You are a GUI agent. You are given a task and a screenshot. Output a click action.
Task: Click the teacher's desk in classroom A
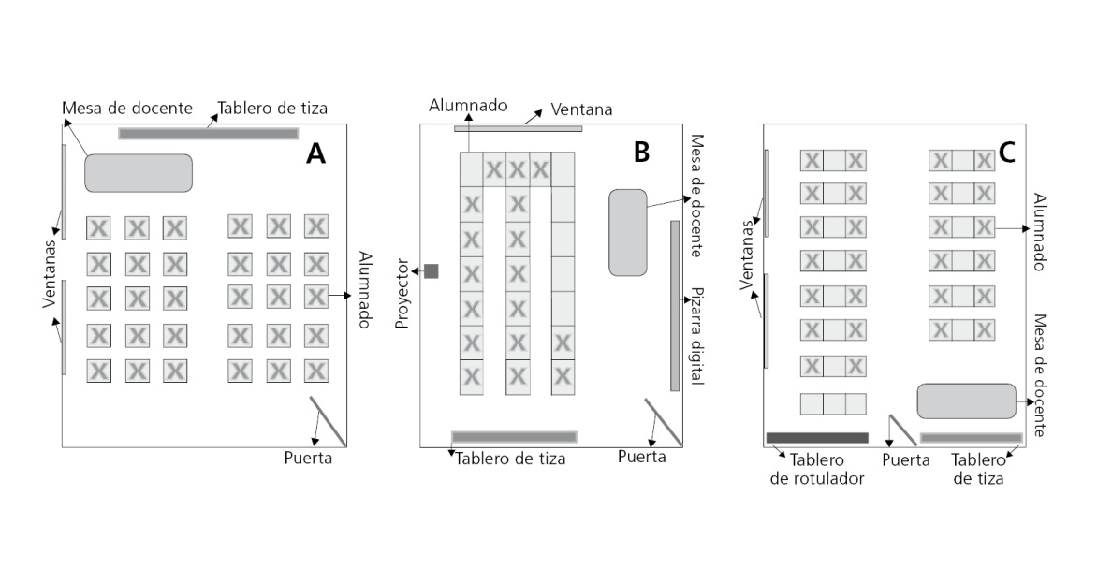tap(139, 173)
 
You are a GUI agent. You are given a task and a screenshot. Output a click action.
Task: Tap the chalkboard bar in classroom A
tap(208, 133)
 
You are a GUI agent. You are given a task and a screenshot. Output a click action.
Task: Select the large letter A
tap(315, 153)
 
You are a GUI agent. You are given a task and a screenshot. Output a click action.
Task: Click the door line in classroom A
tap(328, 422)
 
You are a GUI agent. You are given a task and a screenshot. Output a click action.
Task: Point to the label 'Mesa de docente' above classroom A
tap(127, 108)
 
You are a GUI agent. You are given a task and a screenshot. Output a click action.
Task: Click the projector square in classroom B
tap(432, 271)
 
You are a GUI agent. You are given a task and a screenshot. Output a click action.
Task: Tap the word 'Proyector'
tap(402, 294)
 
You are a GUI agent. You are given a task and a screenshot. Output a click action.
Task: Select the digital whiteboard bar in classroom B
tap(675, 306)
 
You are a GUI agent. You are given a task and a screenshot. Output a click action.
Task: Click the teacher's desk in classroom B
tap(628, 233)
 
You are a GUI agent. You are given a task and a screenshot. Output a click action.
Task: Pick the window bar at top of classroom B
tap(518, 129)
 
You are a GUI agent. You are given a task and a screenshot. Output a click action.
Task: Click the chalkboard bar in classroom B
tap(514, 437)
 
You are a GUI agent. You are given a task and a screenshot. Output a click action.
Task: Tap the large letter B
tap(641, 152)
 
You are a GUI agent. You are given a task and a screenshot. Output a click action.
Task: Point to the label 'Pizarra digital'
tap(697, 335)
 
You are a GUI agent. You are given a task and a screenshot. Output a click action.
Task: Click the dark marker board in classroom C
tap(817, 438)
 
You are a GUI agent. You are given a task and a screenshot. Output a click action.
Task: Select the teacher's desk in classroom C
tap(967, 401)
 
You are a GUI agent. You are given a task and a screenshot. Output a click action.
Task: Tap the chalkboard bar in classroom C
tap(971, 438)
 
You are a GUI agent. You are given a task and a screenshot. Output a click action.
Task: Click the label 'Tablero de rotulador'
tap(817, 470)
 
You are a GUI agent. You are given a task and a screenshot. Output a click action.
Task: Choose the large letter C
tap(1006, 153)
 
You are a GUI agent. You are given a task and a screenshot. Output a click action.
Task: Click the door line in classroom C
tap(902, 430)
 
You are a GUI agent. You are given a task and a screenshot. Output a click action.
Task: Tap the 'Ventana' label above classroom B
tap(581, 109)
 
